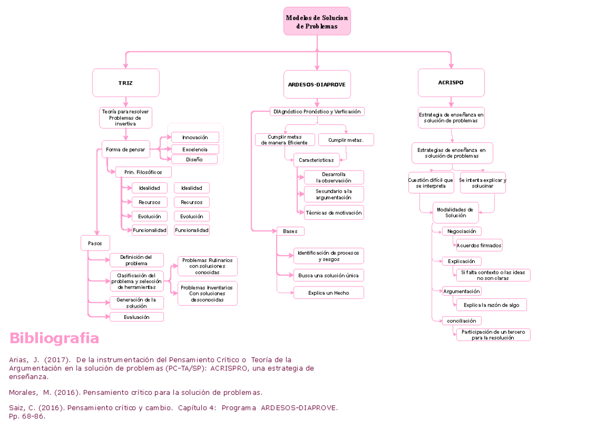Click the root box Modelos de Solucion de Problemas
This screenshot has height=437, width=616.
tap(317, 22)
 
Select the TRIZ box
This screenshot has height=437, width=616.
tap(126, 83)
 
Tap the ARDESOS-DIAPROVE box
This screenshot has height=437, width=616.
tap(317, 84)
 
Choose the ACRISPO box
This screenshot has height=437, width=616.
tap(451, 83)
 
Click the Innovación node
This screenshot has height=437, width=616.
tap(195, 137)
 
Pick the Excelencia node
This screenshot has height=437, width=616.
tap(195, 149)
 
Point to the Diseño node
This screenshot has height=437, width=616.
tap(195, 160)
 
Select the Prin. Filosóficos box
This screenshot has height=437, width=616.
tap(143, 172)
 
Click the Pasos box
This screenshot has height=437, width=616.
tap(95, 243)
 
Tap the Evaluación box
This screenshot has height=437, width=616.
tap(137, 317)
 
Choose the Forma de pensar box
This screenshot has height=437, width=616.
tap(126, 149)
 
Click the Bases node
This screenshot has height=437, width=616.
tap(290, 231)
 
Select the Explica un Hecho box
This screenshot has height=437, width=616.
tap(329, 293)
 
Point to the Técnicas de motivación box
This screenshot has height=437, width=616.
tap(334, 213)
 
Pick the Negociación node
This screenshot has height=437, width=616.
tap(462, 231)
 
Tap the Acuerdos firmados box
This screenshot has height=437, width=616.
tap(479, 245)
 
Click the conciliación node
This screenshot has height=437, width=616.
tap(462, 321)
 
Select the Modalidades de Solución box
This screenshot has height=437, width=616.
tap(455, 213)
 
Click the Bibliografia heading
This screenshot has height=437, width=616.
tap(54, 338)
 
